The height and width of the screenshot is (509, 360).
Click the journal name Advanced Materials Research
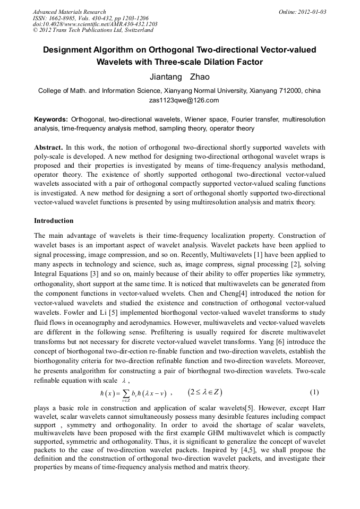[69, 12]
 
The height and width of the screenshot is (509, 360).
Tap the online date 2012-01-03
[313, 12]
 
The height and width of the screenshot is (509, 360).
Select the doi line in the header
[95, 24]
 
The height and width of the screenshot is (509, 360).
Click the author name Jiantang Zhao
[179, 77]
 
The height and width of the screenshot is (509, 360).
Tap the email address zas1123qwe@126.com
[179, 100]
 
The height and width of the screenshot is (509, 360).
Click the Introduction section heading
[54, 220]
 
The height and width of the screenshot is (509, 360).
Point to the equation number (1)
[314, 392]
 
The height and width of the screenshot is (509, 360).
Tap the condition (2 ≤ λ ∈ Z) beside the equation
[204, 392]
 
